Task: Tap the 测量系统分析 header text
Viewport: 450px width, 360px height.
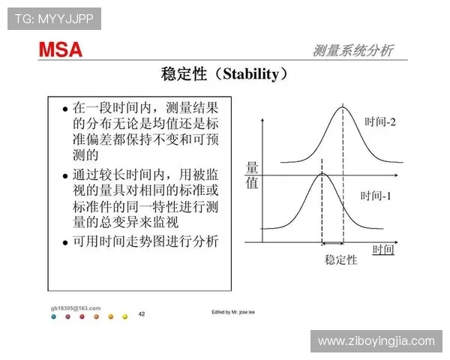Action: pos(352,50)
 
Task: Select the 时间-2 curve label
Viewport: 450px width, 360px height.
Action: pos(380,121)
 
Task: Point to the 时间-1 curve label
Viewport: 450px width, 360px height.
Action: pos(376,196)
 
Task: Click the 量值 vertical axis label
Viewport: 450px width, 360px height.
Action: pos(252,175)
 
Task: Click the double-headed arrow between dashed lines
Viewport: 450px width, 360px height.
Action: pos(332,243)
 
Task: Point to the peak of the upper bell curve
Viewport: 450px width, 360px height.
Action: pos(343,107)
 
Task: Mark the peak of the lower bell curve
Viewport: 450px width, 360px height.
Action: pos(322,173)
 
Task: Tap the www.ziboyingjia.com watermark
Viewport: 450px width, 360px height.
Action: pos(376,341)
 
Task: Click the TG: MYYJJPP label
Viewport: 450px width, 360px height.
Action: pos(53,18)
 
